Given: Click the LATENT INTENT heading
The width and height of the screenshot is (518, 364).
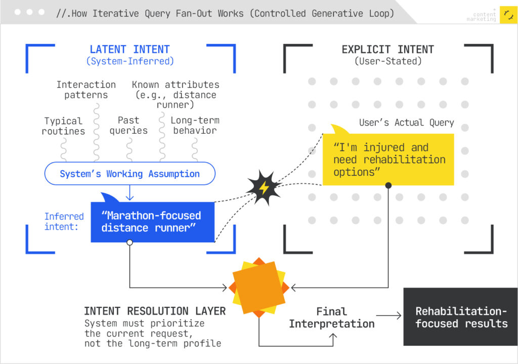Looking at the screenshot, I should [x=129, y=49].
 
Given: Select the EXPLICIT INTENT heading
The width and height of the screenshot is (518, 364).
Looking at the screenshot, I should [x=387, y=49].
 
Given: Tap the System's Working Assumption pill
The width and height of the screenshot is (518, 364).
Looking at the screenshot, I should [x=130, y=174].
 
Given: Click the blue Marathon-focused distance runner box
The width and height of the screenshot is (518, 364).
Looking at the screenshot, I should [x=152, y=222].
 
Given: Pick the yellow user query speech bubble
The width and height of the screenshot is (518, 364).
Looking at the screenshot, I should [x=388, y=159].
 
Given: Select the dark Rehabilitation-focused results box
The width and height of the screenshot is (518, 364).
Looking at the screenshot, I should [x=460, y=317].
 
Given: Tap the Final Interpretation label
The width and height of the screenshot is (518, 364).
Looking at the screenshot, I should [x=332, y=318].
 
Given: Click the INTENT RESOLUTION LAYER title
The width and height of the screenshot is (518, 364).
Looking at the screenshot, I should [x=155, y=311].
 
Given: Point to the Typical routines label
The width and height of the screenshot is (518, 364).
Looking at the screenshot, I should [x=64, y=126].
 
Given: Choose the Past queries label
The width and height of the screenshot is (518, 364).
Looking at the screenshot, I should [x=128, y=125].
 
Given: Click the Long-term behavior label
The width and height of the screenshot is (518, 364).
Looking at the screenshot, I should [x=194, y=125].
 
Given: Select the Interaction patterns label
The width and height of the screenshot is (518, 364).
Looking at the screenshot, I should [x=86, y=89].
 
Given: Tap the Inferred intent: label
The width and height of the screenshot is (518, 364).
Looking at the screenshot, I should [x=64, y=221].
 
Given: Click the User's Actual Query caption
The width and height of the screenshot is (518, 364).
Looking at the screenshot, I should [x=407, y=122].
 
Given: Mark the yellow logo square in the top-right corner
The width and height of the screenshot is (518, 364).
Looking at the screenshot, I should [x=508, y=15].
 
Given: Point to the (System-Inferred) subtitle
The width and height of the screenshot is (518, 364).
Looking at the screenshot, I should [x=129, y=61].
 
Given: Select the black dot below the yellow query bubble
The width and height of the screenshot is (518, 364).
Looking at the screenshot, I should [x=388, y=186].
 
